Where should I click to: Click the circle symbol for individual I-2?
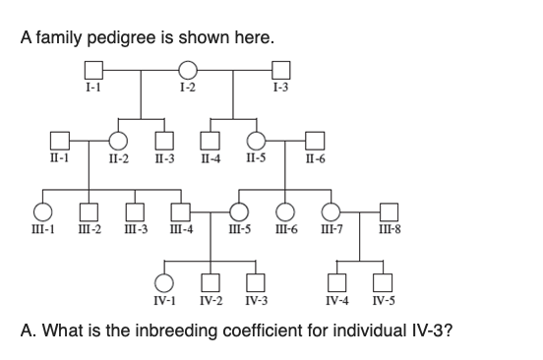187,70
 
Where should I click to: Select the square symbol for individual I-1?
94,70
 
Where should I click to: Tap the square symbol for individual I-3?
280,70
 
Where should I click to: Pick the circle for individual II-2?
118,141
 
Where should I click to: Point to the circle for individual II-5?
256,141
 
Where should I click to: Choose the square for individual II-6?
314,141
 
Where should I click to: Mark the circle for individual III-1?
42,211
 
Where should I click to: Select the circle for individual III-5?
238,211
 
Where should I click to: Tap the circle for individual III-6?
285,211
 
